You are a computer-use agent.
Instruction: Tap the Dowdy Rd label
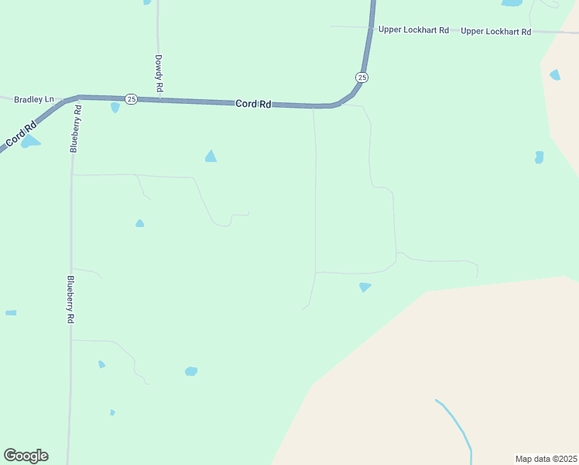click(158, 74)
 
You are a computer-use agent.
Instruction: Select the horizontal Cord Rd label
click(253, 104)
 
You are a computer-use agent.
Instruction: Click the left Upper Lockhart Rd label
click(413, 30)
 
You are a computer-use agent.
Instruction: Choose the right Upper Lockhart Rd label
click(496, 32)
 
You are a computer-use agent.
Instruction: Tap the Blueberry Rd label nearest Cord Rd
click(75, 129)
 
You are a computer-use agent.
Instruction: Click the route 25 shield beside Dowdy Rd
click(132, 99)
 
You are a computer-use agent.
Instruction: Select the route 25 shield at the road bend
click(362, 77)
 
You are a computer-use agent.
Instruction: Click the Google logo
click(26, 456)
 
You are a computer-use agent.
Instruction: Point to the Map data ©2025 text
click(546, 458)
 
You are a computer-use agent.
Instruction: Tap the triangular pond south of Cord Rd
click(211, 157)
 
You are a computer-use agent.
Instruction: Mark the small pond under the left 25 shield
click(115, 108)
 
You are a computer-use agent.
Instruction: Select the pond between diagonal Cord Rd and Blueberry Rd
click(29, 143)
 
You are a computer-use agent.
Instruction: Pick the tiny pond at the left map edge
click(11, 313)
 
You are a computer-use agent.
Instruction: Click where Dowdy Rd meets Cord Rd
click(159, 100)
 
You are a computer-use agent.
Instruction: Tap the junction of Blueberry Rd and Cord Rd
click(79, 98)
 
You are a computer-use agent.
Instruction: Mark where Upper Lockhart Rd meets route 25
click(369, 29)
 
